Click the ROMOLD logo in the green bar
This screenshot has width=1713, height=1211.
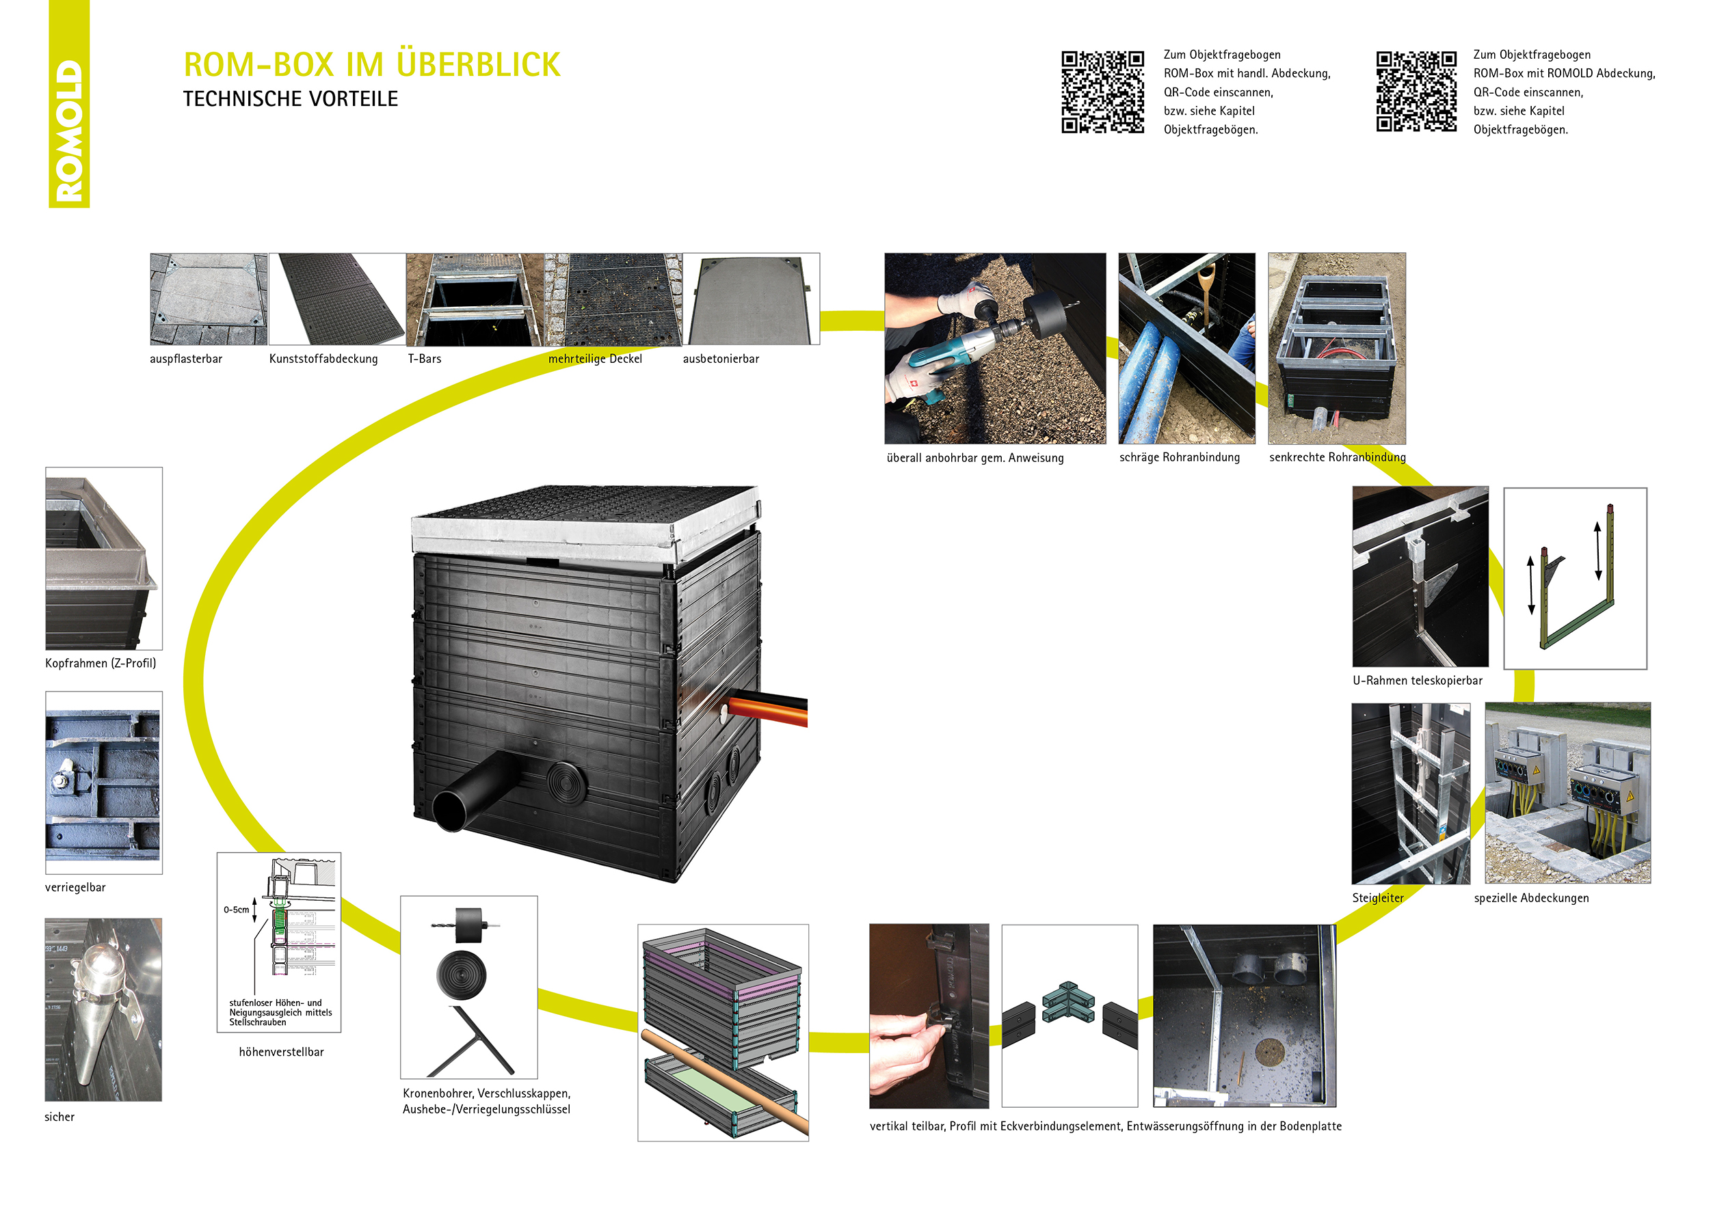click(68, 131)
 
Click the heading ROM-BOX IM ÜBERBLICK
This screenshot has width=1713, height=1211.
click(371, 65)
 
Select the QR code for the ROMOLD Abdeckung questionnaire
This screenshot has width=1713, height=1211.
click(1416, 92)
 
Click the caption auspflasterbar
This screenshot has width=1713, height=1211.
click(186, 359)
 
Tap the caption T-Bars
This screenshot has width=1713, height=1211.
click(424, 359)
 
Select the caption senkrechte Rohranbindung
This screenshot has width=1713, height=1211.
click(1337, 457)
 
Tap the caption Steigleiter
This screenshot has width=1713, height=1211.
click(1377, 898)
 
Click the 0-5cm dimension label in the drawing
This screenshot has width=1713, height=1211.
click(236, 910)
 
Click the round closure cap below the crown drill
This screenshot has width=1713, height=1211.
click(461, 974)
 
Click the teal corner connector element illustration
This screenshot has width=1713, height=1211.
click(1067, 1003)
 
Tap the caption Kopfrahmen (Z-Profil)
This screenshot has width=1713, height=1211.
click(101, 663)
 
